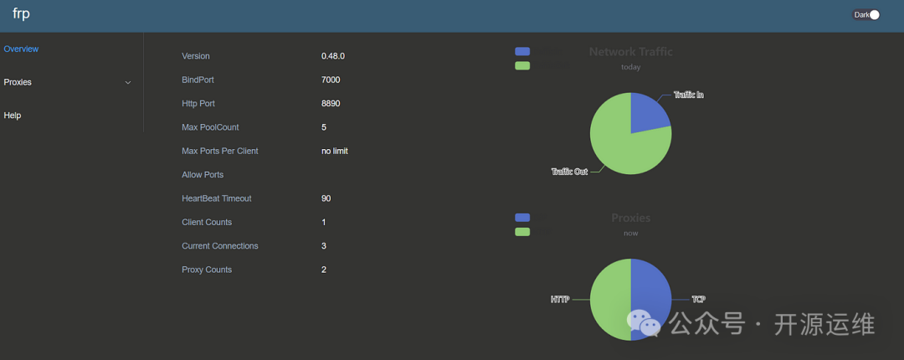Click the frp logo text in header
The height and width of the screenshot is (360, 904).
[x=21, y=14]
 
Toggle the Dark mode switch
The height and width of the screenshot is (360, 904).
[x=873, y=14]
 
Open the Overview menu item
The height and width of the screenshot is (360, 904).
[x=21, y=49]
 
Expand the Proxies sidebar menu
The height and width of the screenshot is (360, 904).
[x=67, y=82]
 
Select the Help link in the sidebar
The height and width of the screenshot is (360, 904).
[x=13, y=115]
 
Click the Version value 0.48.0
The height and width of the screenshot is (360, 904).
[x=333, y=56]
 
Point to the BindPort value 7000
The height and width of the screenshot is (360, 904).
[x=331, y=80]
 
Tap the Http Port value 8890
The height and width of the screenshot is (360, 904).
[x=331, y=103]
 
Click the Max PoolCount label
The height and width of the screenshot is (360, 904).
[x=210, y=127]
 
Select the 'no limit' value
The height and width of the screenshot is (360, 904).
[x=334, y=151]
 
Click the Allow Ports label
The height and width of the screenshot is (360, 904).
[x=203, y=174]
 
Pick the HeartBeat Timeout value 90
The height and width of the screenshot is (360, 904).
[x=326, y=198]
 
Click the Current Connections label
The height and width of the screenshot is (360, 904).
[x=220, y=245]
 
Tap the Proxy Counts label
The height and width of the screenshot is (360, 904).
[x=207, y=270]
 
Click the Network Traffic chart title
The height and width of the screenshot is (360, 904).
[x=630, y=52]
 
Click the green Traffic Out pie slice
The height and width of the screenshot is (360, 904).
[x=619, y=142]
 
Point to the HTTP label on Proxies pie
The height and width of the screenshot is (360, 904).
[x=559, y=299]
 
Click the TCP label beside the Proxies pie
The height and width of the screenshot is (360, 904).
[x=698, y=299]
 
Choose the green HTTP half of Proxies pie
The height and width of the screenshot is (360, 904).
[x=610, y=299]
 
